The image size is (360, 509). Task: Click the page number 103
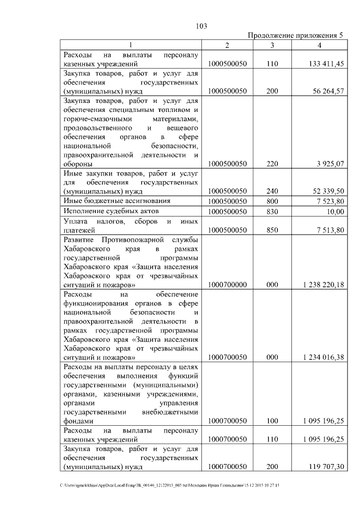(202, 26)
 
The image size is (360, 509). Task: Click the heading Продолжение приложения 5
(295, 36)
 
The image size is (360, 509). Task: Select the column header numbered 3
(272, 45)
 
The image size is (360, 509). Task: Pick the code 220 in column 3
(272, 164)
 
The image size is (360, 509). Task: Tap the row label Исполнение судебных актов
(111, 211)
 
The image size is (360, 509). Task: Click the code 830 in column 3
(272, 211)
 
